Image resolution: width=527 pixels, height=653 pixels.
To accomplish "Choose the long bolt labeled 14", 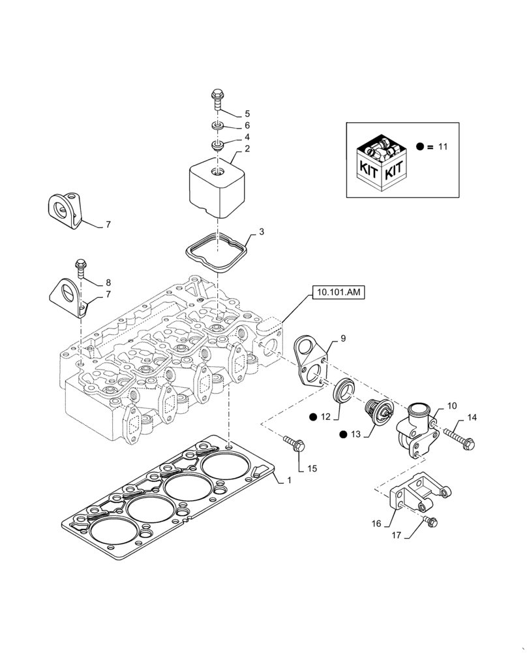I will tap(460, 437).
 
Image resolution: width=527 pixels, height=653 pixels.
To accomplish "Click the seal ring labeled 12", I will tap(342, 394).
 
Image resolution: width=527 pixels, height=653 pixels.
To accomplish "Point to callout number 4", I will tap(247, 138).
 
